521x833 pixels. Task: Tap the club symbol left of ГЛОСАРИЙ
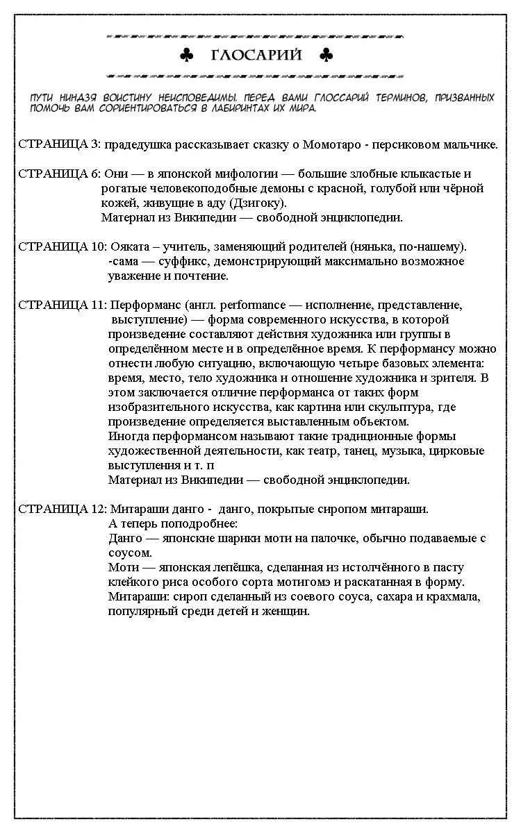click(x=186, y=56)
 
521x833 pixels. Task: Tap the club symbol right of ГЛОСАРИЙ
click(x=325, y=56)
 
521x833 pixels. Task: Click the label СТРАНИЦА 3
click(x=59, y=144)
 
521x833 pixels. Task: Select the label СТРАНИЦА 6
click(x=59, y=174)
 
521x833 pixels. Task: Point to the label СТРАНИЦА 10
click(x=62, y=246)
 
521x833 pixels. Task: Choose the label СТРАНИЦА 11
click(x=62, y=305)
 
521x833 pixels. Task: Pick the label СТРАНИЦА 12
click(x=62, y=509)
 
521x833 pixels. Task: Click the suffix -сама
click(x=125, y=261)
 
